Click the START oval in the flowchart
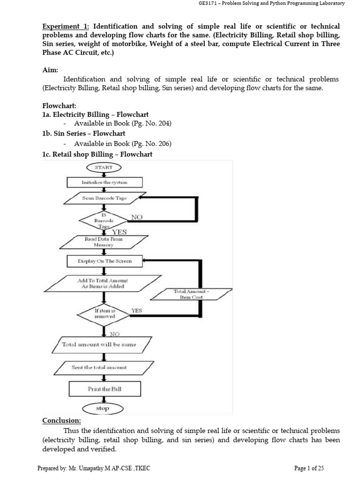pyautogui.click(x=104, y=167)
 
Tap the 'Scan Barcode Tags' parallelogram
pyautogui.click(x=101, y=198)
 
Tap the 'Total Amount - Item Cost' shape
pyautogui.click(x=190, y=294)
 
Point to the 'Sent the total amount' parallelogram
pyautogui.click(x=99, y=367)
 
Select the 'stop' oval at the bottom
pyautogui.click(x=102, y=408)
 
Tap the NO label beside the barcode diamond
pyautogui.click(x=137, y=217)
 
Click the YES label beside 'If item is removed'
pyautogui.click(x=137, y=310)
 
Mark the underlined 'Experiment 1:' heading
pyautogui.click(x=63, y=26)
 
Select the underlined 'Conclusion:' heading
pyautogui.click(x=61, y=420)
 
